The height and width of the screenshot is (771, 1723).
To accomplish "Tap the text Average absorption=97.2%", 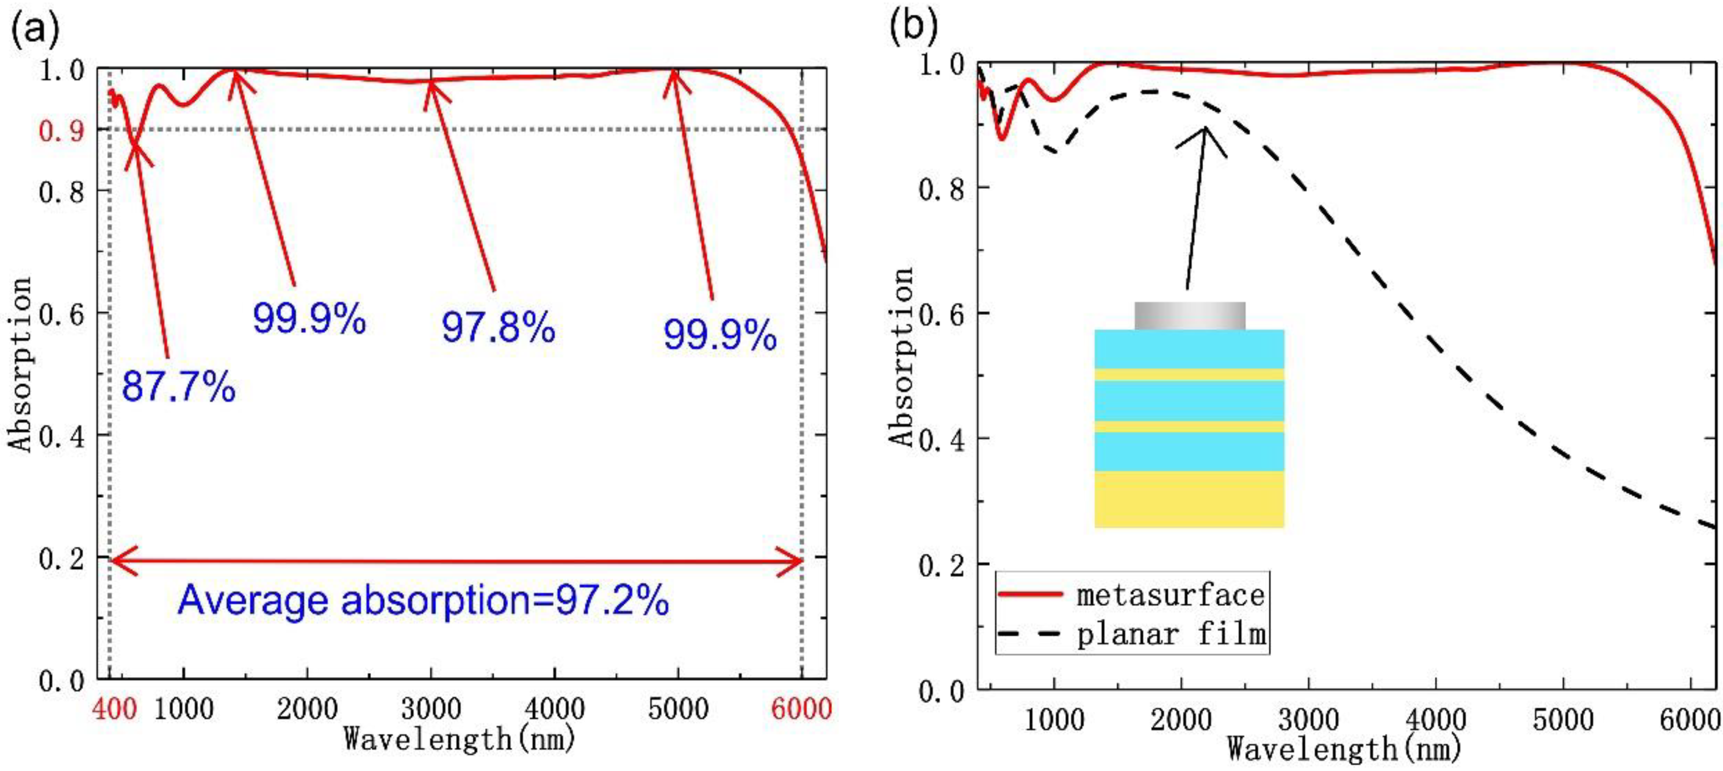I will pos(423,600).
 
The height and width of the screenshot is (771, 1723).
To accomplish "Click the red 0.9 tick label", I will pos(61,130).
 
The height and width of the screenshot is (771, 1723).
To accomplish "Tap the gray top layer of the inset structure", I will pos(1189,316).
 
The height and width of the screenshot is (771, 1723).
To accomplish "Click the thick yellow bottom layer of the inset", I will pos(1189,499).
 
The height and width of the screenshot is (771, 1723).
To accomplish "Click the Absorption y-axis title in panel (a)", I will pos(20,364).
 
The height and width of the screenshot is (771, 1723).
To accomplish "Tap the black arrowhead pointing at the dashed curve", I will pos(1205,131).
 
